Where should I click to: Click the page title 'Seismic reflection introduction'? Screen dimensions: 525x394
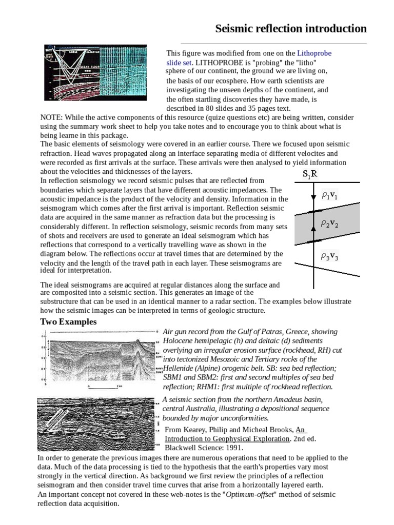click(290, 28)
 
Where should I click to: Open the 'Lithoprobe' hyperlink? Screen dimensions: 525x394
click(314, 53)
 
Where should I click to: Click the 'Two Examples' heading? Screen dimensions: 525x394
click(68, 322)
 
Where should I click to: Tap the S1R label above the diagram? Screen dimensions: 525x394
click(310, 174)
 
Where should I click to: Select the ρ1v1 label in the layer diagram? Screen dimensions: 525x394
click(330, 195)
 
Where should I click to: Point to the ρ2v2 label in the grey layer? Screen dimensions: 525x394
click(330, 224)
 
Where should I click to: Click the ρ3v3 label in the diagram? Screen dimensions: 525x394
click(330, 257)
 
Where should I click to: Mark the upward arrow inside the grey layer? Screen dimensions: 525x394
click(312, 237)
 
